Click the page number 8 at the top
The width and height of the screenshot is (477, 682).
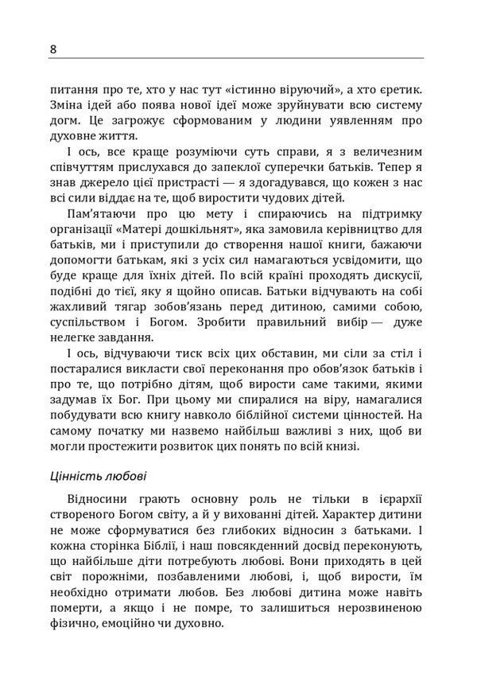click(x=52, y=49)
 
